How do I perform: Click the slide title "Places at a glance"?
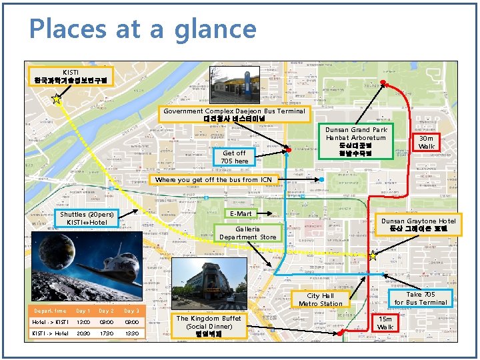click(143, 29)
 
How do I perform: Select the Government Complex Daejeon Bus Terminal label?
click(234, 115)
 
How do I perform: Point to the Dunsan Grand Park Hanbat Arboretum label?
click(361, 141)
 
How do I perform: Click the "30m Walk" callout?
click(426, 142)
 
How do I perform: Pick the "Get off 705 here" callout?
click(234, 157)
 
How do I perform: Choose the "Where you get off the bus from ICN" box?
click(213, 180)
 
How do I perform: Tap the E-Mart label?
click(241, 214)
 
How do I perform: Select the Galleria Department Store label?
click(247, 233)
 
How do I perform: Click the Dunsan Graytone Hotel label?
click(418, 225)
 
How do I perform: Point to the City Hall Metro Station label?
click(320, 300)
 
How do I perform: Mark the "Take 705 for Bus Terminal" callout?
click(420, 298)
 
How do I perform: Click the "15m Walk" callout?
click(385, 323)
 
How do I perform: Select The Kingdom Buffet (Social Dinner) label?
click(209, 327)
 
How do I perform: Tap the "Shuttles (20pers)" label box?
click(87, 218)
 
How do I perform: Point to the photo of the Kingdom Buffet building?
click(207, 279)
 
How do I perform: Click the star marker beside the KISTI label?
click(57, 100)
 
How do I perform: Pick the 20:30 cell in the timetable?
click(83, 333)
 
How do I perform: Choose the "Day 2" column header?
click(107, 311)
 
